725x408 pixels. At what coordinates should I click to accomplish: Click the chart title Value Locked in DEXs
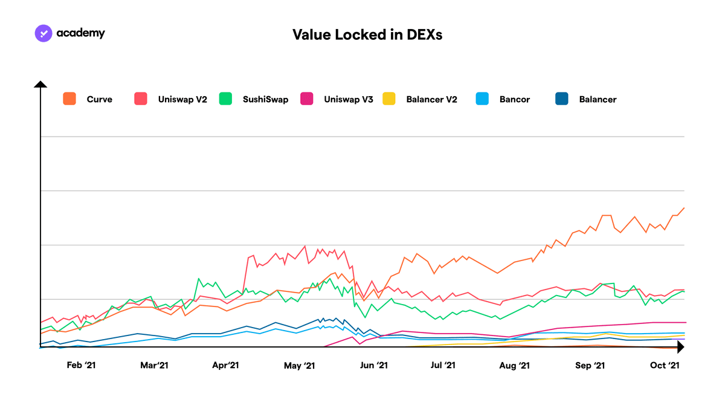click(x=367, y=34)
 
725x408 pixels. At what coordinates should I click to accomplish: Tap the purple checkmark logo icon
click(x=43, y=33)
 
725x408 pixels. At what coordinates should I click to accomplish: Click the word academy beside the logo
click(x=80, y=33)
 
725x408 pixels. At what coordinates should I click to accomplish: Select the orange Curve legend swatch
click(x=69, y=99)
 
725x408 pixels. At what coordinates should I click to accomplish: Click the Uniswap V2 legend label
click(x=182, y=99)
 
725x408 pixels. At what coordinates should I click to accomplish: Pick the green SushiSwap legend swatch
click(x=225, y=99)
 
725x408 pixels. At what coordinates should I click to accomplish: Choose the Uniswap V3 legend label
click(x=349, y=99)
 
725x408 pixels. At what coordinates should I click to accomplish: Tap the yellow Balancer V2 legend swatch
click(x=388, y=99)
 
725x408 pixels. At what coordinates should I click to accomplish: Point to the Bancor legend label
click(x=515, y=99)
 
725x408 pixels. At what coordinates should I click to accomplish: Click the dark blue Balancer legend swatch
click(x=561, y=99)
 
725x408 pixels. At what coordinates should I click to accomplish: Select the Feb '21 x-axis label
click(x=81, y=365)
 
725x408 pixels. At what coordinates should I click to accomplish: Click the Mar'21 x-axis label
click(x=154, y=365)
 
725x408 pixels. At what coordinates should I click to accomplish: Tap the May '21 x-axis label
click(x=300, y=366)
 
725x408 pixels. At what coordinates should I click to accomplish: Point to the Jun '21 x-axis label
click(x=374, y=365)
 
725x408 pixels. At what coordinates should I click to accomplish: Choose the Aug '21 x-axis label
click(x=514, y=366)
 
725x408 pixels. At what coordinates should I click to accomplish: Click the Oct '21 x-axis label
click(x=665, y=365)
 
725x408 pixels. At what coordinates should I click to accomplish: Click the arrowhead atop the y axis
click(x=40, y=84)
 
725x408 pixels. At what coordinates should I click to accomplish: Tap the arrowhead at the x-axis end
click(x=681, y=347)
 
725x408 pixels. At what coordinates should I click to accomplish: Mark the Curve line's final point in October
click(x=684, y=208)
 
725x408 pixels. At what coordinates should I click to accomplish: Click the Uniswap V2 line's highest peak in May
click(x=305, y=246)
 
